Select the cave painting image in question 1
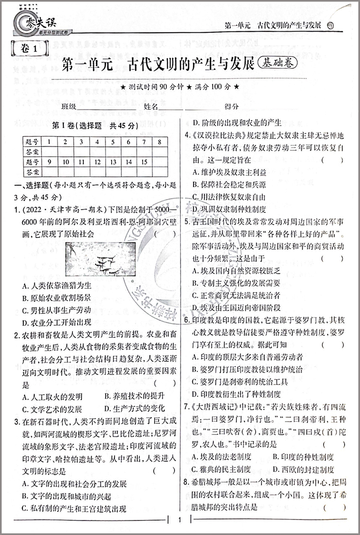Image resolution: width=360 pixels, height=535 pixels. [x=101, y=262]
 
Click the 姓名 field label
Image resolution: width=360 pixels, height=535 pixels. [x=151, y=107]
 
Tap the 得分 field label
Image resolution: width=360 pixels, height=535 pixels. [x=231, y=107]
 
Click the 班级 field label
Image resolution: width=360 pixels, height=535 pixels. [x=69, y=107]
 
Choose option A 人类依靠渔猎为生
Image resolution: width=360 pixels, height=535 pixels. [x=57, y=286]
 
